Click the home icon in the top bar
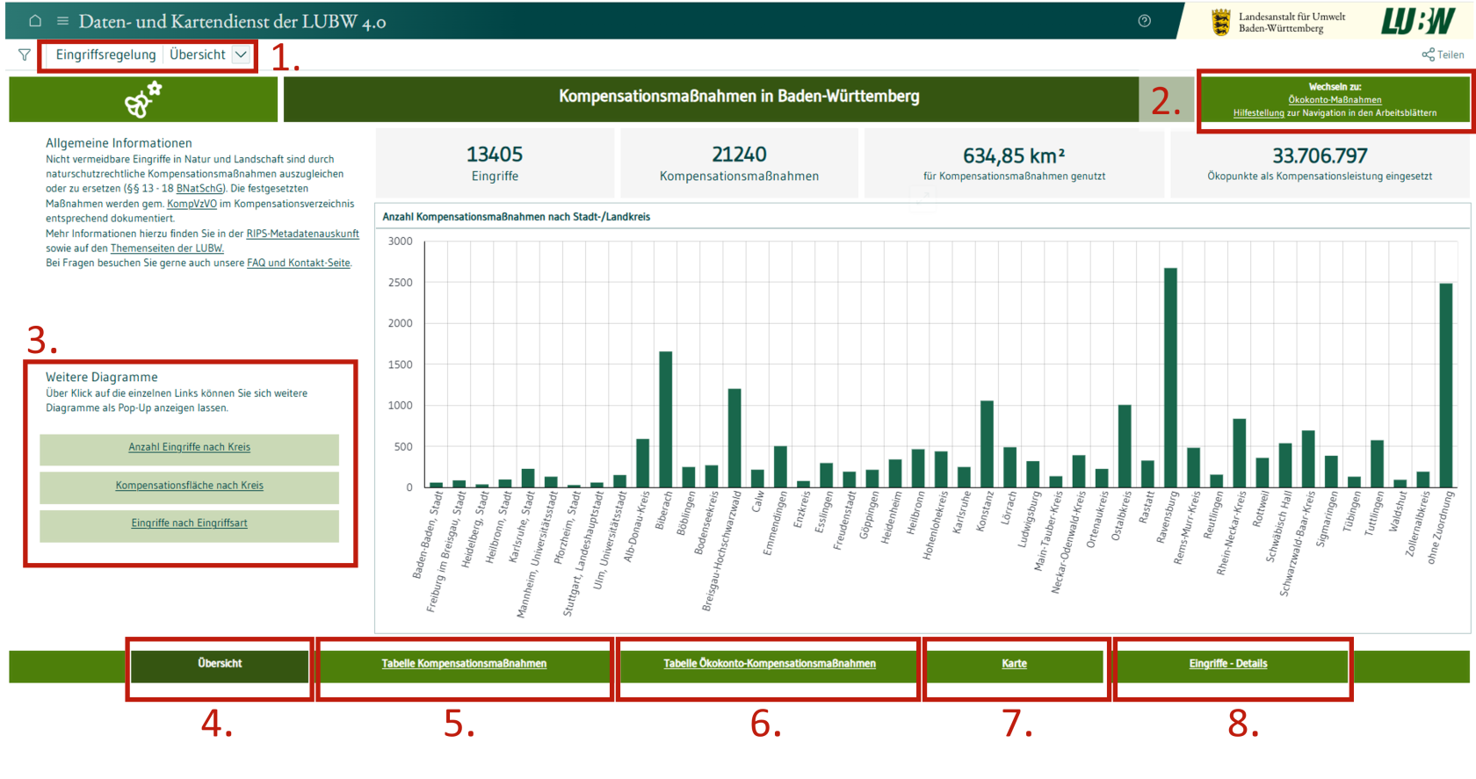(35, 21)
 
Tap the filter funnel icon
(25, 54)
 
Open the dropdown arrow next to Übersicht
(241, 54)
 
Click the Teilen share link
(1443, 54)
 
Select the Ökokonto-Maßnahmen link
(1335, 100)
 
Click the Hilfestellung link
(1258, 113)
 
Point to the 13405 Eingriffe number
(495, 154)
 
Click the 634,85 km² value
(1014, 155)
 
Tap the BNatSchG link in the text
(200, 189)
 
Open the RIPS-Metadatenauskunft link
(302, 234)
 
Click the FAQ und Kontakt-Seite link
(299, 263)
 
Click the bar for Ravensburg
(1170, 378)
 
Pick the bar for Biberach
(666, 420)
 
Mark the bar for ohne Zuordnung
(1446, 386)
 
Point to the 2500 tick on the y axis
(400, 283)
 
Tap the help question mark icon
(1145, 21)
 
